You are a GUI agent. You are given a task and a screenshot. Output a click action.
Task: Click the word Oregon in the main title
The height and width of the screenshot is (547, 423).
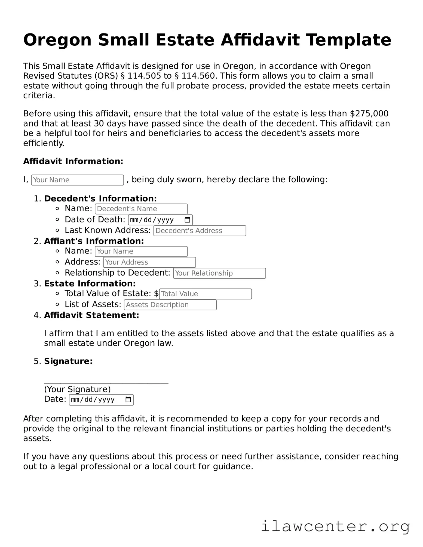[57, 40]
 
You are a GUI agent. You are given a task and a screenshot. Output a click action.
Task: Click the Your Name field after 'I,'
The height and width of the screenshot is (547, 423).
[77, 180]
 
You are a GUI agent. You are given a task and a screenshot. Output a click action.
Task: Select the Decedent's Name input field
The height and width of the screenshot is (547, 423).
[141, 209]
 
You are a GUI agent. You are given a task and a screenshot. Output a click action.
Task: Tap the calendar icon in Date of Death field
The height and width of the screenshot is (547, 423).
[187, 220]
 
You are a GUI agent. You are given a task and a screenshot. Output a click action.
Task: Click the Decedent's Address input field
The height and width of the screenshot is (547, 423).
[200, 231]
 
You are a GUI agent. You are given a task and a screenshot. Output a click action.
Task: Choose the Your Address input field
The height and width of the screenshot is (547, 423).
[149, 262]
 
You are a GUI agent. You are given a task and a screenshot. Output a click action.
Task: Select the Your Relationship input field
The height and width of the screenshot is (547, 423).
[219, 273]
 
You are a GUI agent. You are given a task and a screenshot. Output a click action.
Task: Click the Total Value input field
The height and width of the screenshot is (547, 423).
[205, 294]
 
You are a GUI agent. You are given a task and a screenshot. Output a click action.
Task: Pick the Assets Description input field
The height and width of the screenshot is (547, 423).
[170, 305]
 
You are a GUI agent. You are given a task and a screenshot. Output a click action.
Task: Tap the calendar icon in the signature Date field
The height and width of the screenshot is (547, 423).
[128, 400]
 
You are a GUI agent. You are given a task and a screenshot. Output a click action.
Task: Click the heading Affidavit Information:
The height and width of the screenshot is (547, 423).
[73, 161]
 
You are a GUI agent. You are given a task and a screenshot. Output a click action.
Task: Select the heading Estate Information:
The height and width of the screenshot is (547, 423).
[90, 283]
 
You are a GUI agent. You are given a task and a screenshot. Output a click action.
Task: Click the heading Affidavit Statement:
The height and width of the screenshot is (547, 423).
[91, 315]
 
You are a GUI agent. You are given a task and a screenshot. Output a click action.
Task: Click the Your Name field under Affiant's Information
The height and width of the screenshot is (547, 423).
[141, 251]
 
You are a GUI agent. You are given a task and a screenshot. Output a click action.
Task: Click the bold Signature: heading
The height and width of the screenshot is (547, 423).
[68, 361]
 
